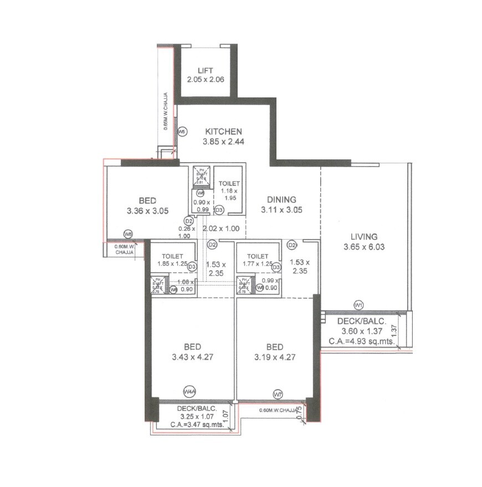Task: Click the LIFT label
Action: (x=206, y=71)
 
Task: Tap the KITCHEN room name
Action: (x=223, y=132)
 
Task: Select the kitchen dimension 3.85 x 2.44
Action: (x=223, y=142)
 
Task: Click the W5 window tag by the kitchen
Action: (x=182, y=132)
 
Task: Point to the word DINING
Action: (x=281, y=200)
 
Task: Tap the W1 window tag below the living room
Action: (x=359, y=305)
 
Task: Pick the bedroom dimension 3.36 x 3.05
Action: (x=147, y=211)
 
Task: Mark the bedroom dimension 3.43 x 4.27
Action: (x=192, y=357)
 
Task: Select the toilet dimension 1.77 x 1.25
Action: (x=257, y=264)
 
